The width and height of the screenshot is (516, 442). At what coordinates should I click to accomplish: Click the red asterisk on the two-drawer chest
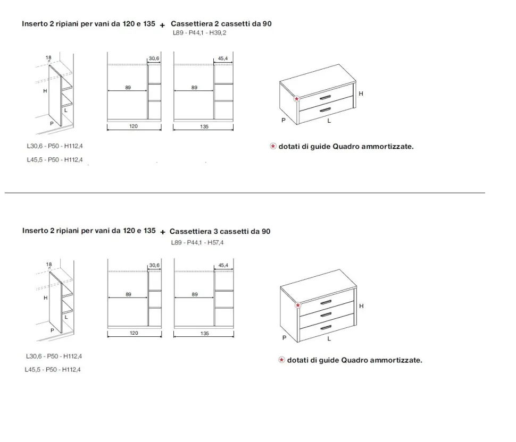pos(296,99)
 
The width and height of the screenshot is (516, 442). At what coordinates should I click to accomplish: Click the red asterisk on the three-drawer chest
pos(298,305)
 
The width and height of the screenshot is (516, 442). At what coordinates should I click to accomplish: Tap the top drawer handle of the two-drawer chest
pos(325,98)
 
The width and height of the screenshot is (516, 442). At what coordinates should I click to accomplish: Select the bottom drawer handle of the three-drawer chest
pos(326,328)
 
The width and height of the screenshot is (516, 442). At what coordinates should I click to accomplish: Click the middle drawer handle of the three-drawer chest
pos(326,315)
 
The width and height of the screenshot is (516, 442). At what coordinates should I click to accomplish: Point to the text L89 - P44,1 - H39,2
pos(199,33)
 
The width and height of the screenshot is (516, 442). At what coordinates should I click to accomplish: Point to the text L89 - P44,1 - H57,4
pos(197,243)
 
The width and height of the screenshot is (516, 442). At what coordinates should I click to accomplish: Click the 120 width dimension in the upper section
pos(134,126)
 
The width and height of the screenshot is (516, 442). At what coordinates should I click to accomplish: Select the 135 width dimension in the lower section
pos(205,333)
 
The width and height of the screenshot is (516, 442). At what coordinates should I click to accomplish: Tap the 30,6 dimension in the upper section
pos(154,58)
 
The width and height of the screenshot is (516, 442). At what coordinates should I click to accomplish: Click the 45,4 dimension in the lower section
pos(223,265)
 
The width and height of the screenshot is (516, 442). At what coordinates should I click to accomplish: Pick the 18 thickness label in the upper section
pos(48,57)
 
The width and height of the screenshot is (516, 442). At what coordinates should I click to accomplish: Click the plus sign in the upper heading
pos(162,25)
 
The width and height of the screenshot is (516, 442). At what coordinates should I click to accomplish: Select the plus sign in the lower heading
pos(163,232)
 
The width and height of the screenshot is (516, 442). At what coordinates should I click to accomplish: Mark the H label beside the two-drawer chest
pos(361,93)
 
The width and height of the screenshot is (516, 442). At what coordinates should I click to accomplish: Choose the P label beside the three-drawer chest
pos(284,338)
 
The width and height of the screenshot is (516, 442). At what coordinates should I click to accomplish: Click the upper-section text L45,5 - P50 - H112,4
pos(55,160)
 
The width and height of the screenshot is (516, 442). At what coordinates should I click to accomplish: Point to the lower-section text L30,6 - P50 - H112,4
pos(54,356)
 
